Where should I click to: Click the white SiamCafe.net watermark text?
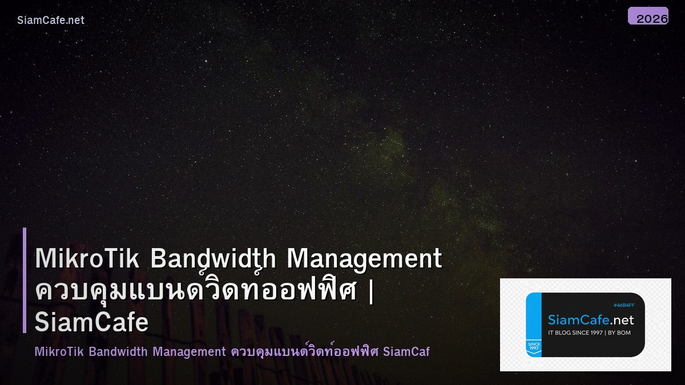pos(51,20)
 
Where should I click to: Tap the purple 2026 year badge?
pos(648,17)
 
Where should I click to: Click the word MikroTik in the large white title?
pos(87,258)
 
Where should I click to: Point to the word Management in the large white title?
pos(364,258)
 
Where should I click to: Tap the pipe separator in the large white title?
pos(372,291)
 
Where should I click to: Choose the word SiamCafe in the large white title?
pos(91,323)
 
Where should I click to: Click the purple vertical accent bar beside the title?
pos(25,280)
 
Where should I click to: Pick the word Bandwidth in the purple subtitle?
pos(119,351)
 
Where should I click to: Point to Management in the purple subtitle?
pos(189,351)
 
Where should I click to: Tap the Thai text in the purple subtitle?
pos(305,351)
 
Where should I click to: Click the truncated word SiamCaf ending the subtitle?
pos(406,351)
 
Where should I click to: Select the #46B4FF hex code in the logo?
pos(623,305)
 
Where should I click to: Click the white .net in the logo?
pos(622,320)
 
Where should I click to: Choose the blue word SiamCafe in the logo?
pos(578,320)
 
